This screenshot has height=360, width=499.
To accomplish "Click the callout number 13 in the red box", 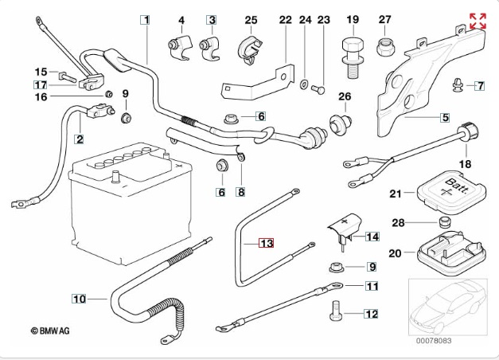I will click(266, 243).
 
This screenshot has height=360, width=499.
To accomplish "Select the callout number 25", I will click(251, 20).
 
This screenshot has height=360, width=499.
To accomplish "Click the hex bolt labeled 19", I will click(351, 49).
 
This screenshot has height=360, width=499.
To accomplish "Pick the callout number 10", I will click(78, 299).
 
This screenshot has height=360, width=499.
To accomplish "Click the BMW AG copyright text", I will click(50, 330).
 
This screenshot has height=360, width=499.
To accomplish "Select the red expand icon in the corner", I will click(478, 22).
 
